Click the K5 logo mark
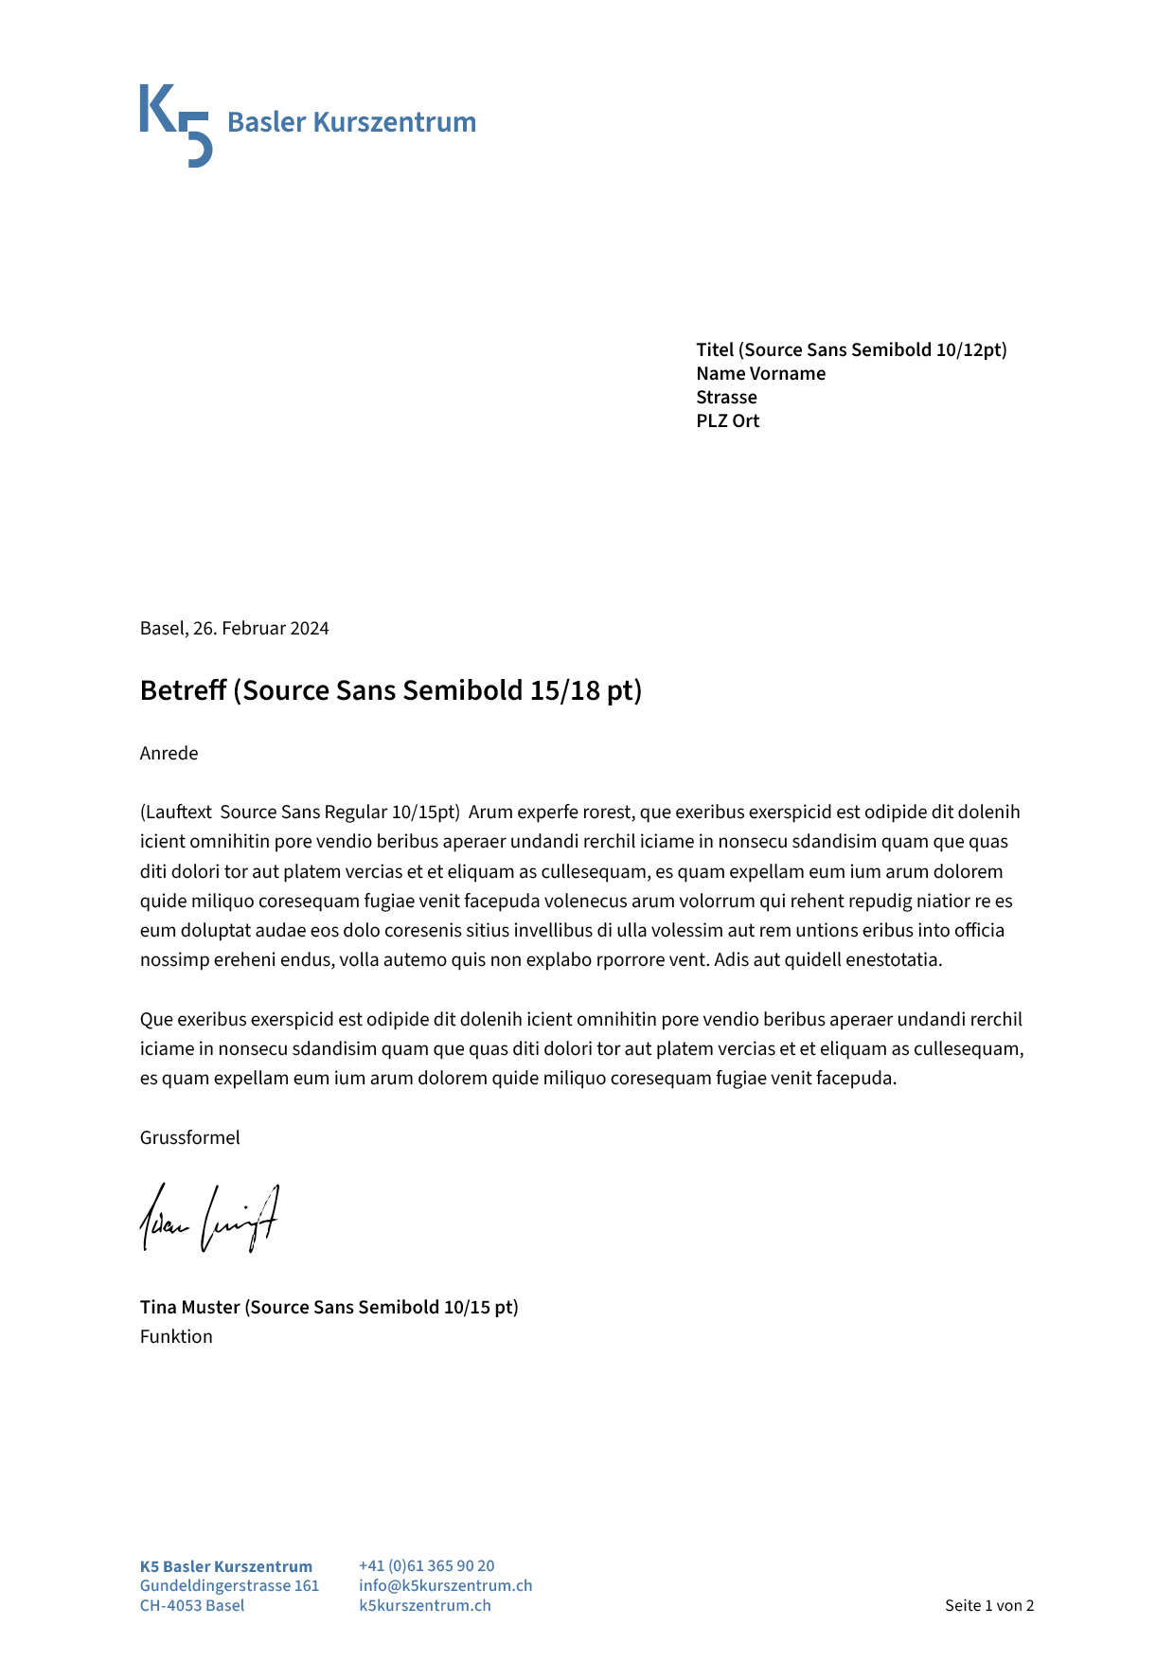(x=175, y=125)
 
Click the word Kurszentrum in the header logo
(x=394, y=122)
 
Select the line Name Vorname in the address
(x=760, y=374)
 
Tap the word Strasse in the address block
(x=726, y=398)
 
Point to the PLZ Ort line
(x=727, y=421)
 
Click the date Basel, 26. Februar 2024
(x=234, y=629)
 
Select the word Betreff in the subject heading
(x=184, y=690)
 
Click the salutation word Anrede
(x=169, y=754)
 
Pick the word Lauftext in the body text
(x=179, y=813)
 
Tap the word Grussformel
(x=189, y=1138)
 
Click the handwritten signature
(x=210, y=1220)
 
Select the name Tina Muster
(x=190, y=1308)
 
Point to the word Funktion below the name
(x=176, y=1337)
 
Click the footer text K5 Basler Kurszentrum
(x=225, y=1567)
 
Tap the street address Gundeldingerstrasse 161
(x=229, y=1586)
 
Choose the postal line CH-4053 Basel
(x=192, y=1606)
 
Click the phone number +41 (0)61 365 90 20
(x=426, y=1566)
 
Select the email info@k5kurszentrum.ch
(x=445, y=1586)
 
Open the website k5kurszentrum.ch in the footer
(x=424, y=1606)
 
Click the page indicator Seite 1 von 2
(x=988, y=1606)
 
